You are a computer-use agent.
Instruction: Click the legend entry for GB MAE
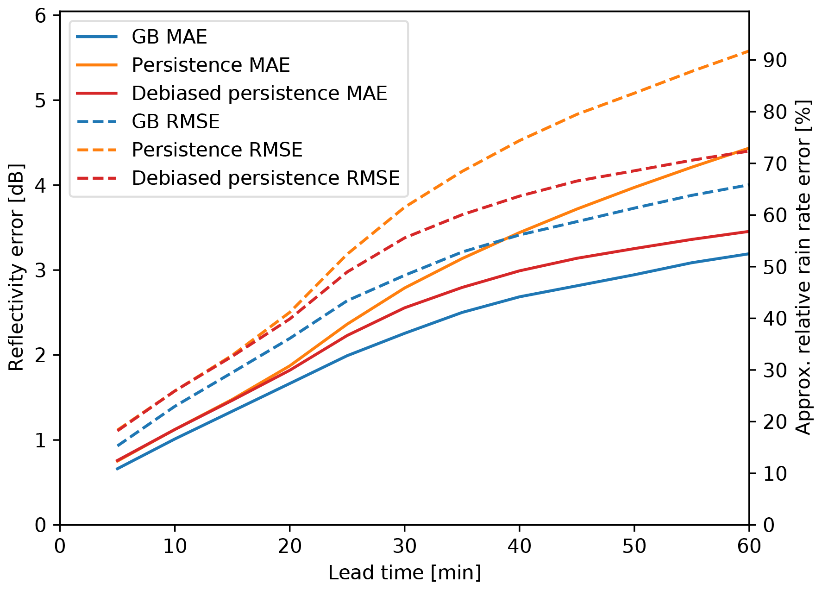169,37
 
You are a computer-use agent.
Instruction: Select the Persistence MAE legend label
211,65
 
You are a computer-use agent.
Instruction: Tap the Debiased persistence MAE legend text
259,94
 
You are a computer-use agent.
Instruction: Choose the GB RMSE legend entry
176,122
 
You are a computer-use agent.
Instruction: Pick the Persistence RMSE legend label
217,150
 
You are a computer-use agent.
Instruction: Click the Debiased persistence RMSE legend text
265,178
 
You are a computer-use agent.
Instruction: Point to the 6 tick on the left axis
41,16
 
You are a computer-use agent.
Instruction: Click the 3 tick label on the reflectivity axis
41,270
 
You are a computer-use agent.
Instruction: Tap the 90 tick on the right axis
775,60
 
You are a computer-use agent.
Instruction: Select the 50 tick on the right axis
775,267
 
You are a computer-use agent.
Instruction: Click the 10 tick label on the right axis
775,473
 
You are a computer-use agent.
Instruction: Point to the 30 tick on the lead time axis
405,547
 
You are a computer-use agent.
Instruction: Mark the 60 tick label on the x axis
749,547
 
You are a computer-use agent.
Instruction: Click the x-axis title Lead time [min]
405,573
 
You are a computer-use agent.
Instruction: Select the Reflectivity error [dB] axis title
16,268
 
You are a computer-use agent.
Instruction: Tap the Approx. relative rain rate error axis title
803,268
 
